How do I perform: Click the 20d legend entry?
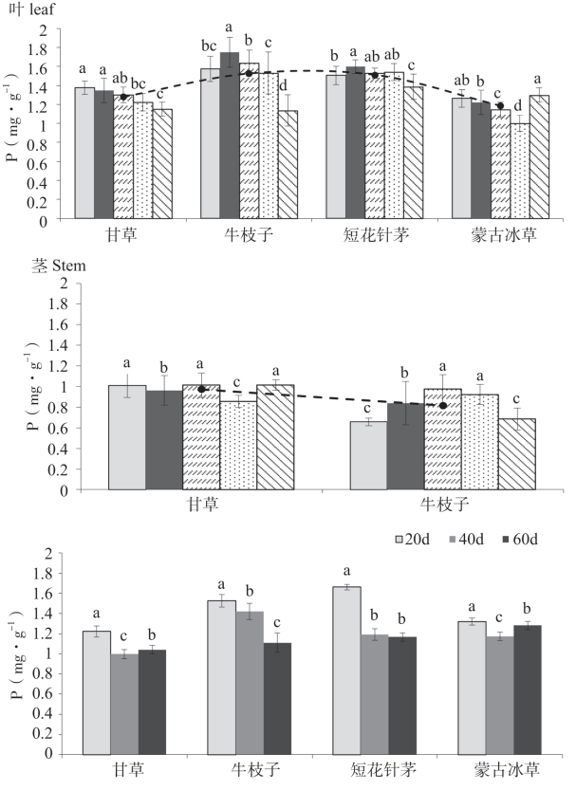point(416,540)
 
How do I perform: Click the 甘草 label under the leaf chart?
point(123,235)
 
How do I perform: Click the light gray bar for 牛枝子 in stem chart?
point(369,455)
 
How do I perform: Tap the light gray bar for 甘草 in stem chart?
point(127,437)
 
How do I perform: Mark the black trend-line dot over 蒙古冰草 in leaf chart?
point(500,105)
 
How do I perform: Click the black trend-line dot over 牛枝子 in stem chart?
point(442,406)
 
